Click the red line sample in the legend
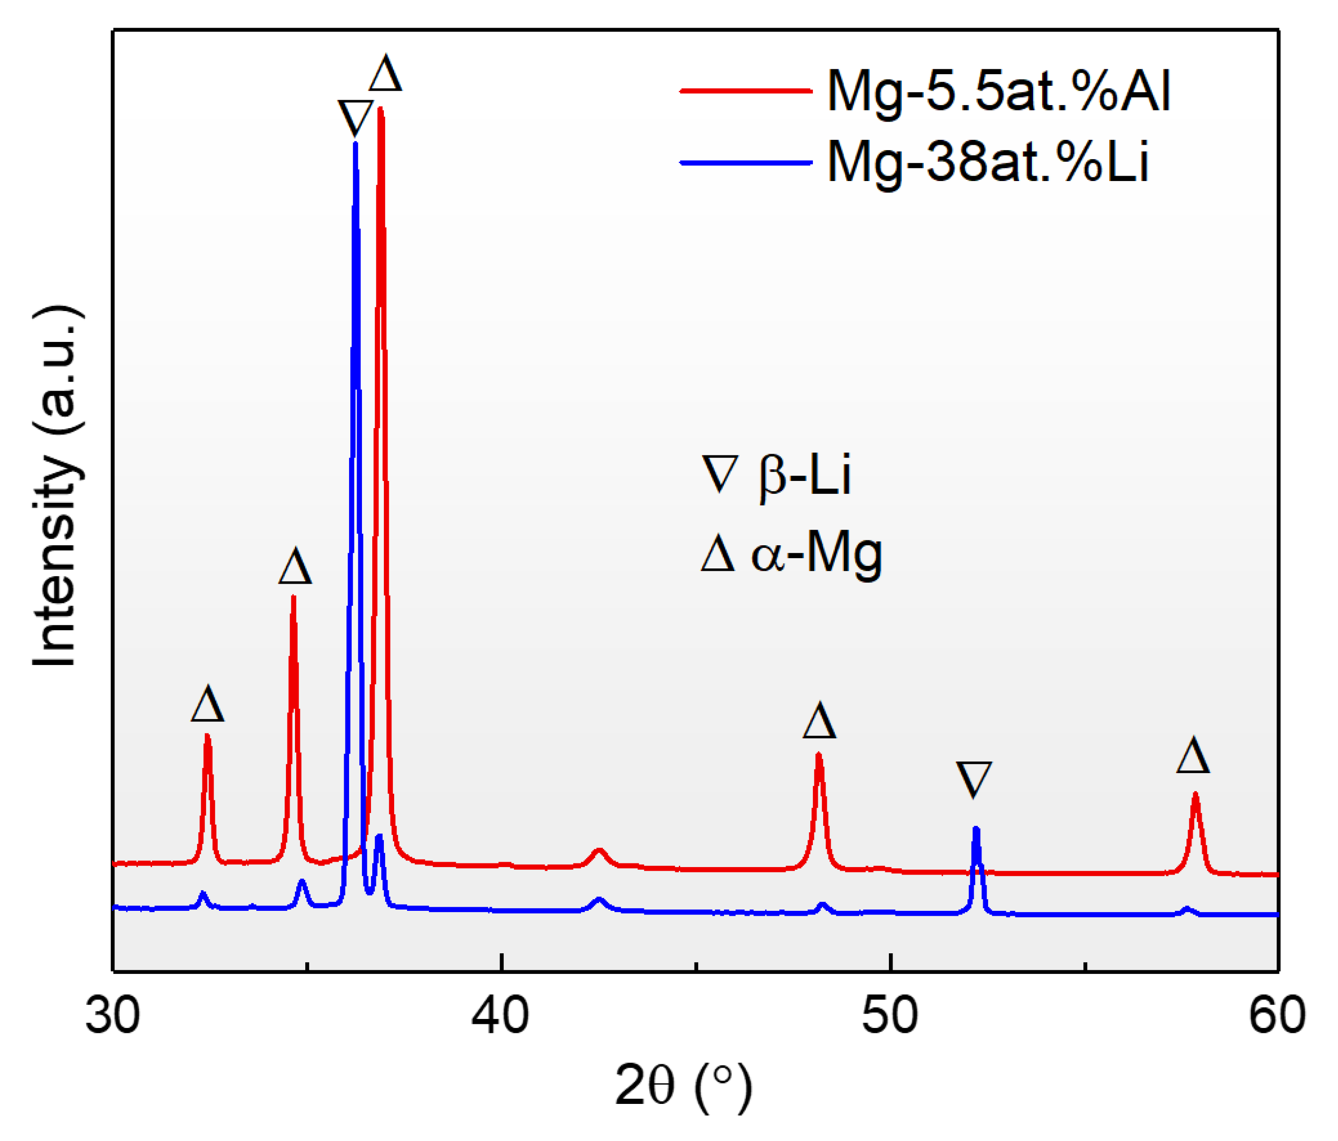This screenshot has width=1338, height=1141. tap(746, 91)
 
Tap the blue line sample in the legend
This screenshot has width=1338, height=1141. tap(746, 163)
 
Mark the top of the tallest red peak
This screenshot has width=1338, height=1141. tap(380, 110)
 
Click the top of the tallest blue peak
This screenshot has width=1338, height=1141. tap(355, 145)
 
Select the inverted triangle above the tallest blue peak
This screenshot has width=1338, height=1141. tap(355, 118)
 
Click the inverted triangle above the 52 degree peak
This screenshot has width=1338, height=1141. tap(974, 779)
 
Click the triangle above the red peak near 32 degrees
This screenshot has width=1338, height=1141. tap(207, 705)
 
